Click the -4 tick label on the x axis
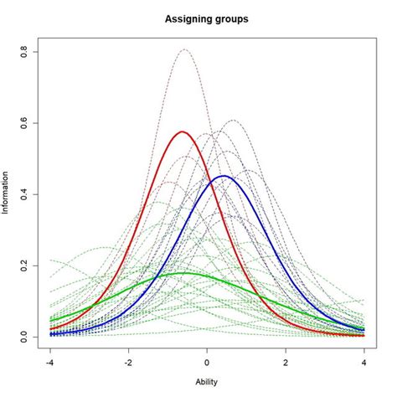[50, 363]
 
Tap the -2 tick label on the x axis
[128, 363]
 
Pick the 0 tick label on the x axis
[207, 363]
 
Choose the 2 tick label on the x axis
[286, 363]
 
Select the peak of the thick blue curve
[224, 176]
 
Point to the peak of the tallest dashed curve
[184, 49]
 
